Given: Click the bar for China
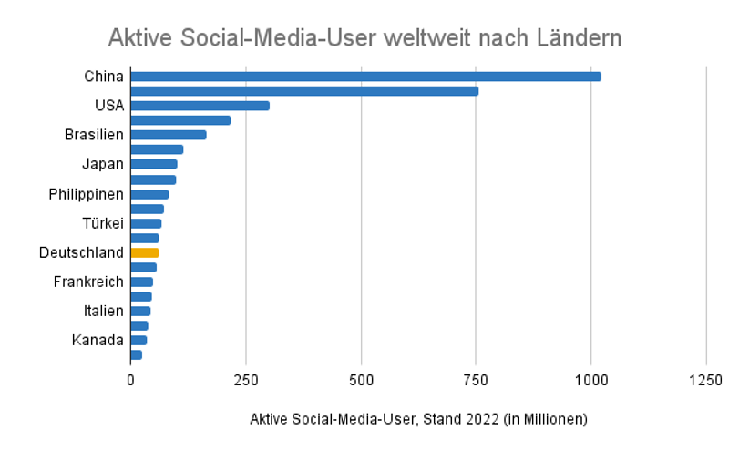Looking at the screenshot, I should (364, 77).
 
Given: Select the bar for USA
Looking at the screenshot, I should (200, 106).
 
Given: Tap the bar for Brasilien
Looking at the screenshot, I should (169, 135).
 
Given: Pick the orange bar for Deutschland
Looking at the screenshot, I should (145, 252).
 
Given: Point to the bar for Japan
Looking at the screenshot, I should (154, 164).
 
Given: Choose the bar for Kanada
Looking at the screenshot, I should (139, 340).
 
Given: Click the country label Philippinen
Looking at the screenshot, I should (86, 194).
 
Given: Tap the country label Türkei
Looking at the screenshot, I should (102, 223).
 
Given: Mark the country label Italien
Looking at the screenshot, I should (103, 311).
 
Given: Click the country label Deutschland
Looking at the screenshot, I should (81, 252).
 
